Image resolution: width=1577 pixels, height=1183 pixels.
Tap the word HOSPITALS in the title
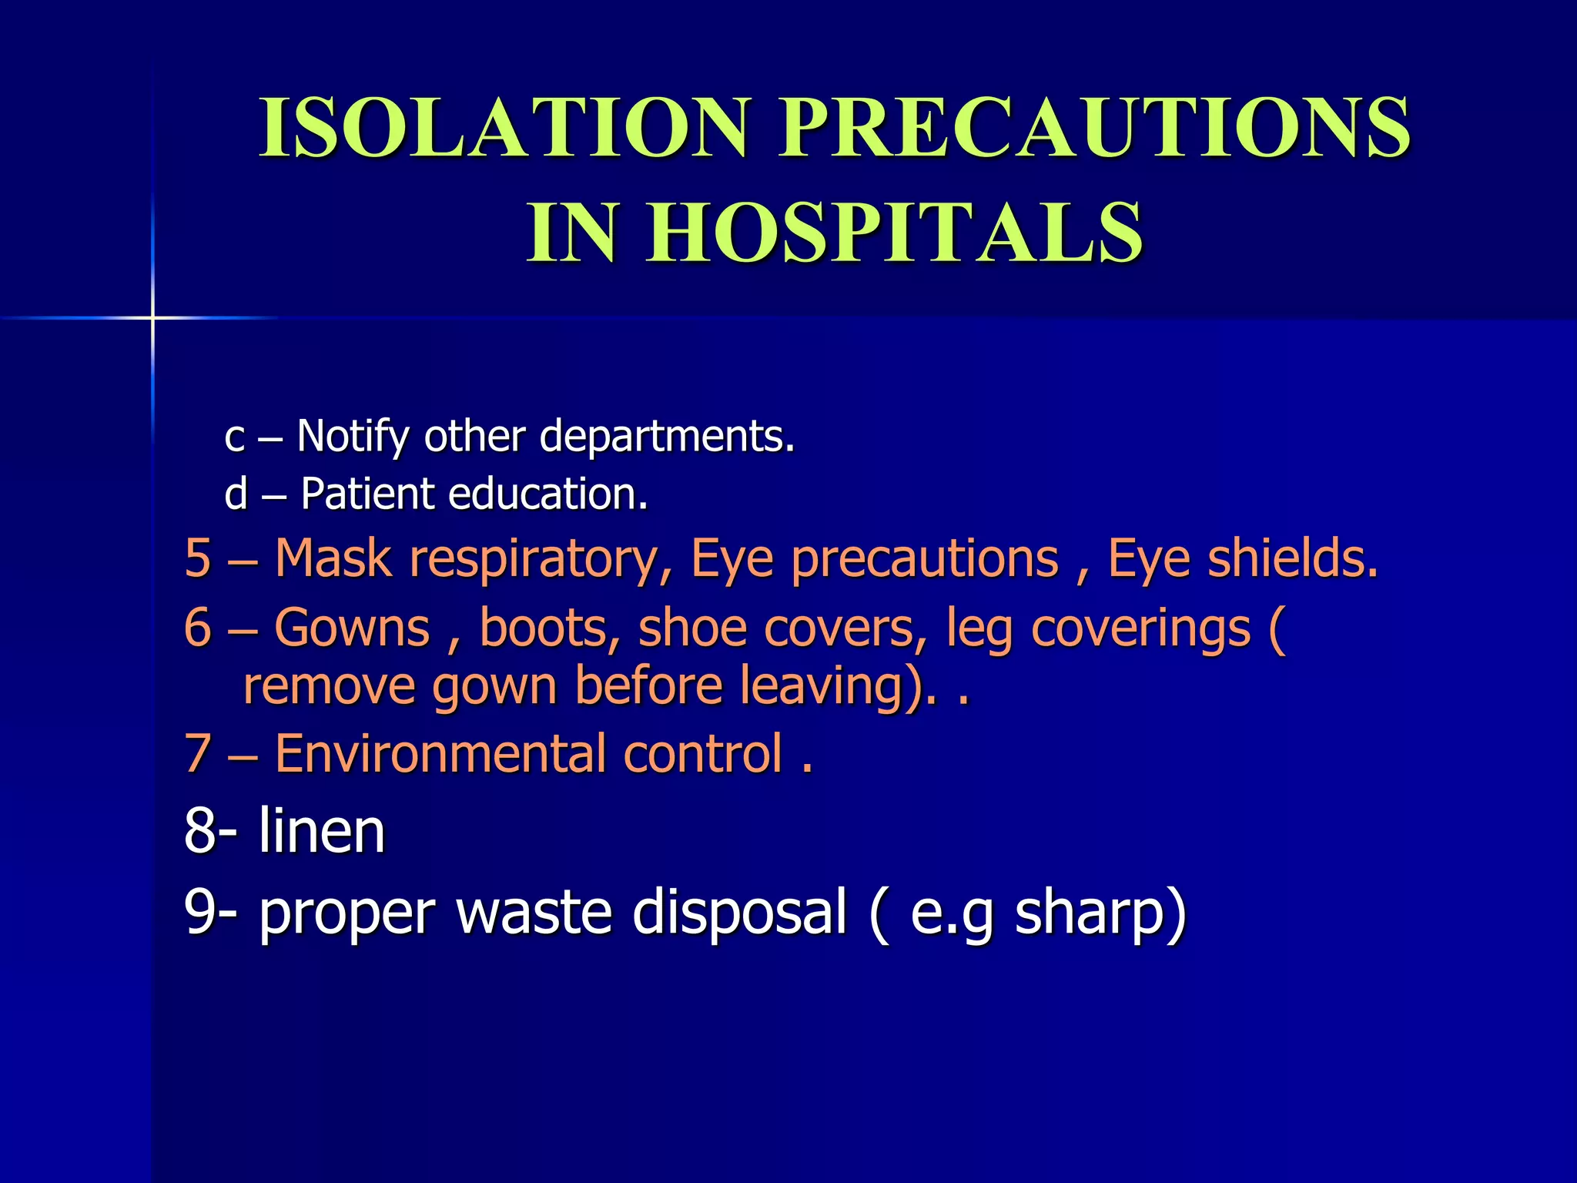tap(894, 232)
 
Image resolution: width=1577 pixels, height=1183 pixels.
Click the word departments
tap(666, 437)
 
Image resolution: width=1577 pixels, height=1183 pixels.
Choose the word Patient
tap(367, 494)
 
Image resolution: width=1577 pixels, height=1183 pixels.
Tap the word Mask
tap(333, 558)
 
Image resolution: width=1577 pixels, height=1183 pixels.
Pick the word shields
tap(1293, 558)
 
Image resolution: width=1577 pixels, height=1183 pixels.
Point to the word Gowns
tap(352, 628)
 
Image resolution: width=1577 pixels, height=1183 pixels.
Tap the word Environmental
tap(440, 752)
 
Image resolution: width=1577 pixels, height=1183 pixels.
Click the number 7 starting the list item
tap(198, 752)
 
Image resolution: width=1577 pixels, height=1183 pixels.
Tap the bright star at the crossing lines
tap(152, 317)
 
